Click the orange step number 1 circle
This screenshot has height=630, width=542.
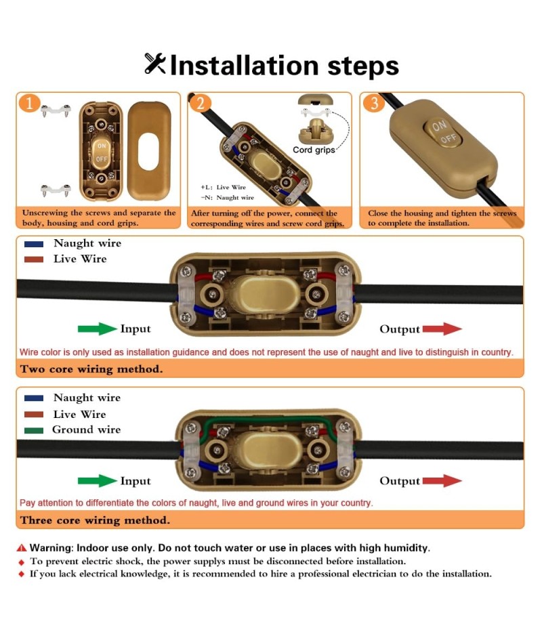click(29, 103)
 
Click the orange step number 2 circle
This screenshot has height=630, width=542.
click(200, 104)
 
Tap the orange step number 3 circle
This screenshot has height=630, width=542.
click(374, 103)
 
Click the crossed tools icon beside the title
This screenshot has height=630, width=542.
click(154, 64)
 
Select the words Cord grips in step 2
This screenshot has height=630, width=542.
click(314, 150)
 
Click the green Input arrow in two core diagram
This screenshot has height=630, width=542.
click(98, 329)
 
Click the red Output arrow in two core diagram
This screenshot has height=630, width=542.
click(442, 329)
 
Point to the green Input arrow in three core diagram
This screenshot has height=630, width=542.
click(98, 480)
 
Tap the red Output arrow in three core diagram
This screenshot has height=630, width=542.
click(442, 480)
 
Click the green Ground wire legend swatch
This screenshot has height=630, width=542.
click(34, 430)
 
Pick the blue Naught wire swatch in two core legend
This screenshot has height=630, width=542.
click(34, 244)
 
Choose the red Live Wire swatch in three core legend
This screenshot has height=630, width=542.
click(34, 414)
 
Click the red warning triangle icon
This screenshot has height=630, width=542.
click(22, 547)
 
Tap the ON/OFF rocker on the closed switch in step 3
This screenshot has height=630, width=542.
click(442, 133)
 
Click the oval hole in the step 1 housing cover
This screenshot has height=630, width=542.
click(148, 152)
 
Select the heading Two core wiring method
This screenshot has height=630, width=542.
click(91, 369)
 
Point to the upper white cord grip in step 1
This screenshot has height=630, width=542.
click(56, 110)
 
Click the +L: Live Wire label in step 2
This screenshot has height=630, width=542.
click(223, 187)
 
